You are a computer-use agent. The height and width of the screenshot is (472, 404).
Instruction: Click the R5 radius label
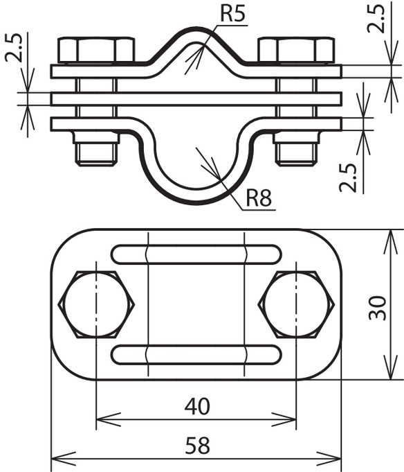click(x=232, y=14)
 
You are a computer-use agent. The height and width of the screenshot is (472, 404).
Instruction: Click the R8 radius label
click(x=259, y=198)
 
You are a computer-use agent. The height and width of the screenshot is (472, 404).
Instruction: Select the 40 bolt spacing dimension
click(x=197, y=406)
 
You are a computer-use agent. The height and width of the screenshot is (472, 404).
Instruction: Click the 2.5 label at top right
click(x=376, y=19)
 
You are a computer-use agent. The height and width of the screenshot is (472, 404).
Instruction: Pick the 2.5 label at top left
click(x=14, y=48)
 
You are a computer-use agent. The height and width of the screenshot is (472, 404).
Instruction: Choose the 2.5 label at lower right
click(x=348, y=178)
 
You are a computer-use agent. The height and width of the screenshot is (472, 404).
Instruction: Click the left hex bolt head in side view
click(x=96, y=51)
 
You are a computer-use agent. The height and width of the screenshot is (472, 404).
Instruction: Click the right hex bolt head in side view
click(x=296, y=51)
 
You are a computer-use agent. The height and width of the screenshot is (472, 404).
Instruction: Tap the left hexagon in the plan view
click(x=96, y=304)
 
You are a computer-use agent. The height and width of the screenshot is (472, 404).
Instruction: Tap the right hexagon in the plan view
click(x=296, y=304)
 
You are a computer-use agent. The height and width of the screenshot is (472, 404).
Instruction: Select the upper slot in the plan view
click(x=196, y=254)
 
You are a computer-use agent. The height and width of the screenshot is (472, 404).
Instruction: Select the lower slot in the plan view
click(x=196, y=354)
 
